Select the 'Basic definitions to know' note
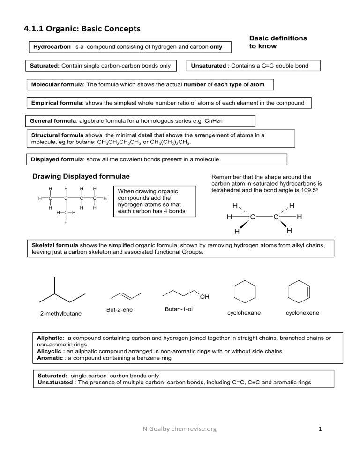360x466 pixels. (x=278, y=42)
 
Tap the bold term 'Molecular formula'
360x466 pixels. (x=57, y=84)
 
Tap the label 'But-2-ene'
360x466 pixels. (x=120, y=310)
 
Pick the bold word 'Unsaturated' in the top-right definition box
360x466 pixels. (x=208, y=66)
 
